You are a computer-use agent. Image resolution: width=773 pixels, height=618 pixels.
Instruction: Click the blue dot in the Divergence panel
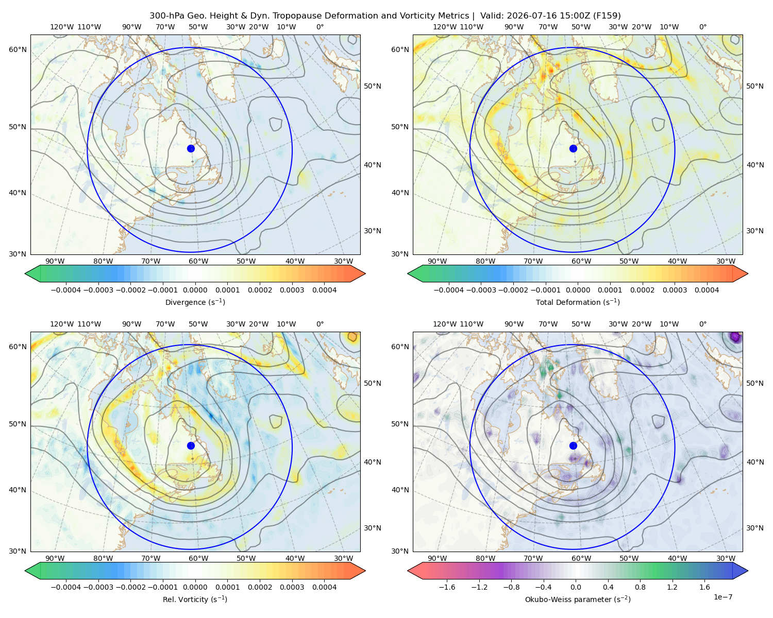191,148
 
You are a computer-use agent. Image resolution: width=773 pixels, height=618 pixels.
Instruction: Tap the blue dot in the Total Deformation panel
573,148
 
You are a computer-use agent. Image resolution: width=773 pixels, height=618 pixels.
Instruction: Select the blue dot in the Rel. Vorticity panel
191,445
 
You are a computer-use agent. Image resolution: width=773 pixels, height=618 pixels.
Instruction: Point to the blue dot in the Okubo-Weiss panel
573,445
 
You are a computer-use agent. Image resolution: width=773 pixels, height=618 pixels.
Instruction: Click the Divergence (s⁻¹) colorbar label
195,302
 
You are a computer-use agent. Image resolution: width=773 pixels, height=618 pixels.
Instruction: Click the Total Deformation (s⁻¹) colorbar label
578,302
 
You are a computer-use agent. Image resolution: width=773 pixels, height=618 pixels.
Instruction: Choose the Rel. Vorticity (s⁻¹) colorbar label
195,599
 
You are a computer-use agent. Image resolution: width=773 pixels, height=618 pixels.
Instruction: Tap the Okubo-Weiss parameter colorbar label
578,599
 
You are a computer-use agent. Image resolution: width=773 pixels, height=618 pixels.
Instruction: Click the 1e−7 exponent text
722,597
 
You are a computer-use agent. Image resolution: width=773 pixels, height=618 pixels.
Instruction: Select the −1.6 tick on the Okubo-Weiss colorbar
447,587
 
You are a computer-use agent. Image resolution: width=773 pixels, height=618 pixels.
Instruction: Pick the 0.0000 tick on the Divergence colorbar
195,290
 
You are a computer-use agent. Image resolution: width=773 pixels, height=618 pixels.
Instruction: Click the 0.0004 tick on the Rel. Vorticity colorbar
324,587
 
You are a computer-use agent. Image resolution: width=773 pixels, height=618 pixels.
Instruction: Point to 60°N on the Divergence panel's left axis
18,49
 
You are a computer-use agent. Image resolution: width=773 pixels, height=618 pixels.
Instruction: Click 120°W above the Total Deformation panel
444,27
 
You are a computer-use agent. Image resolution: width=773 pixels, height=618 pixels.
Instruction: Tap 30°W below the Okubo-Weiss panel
726,558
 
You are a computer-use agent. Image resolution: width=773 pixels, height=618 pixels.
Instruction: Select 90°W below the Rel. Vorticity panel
55,558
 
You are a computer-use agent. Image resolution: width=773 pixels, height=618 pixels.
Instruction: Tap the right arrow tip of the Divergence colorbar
365,273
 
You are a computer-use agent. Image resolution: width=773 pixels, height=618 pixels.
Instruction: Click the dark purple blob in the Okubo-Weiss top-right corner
736,337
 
